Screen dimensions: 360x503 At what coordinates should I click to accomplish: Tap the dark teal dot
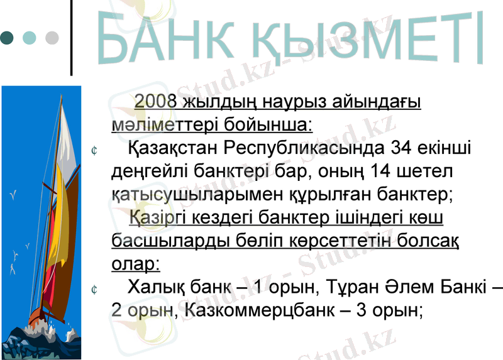[7, 38]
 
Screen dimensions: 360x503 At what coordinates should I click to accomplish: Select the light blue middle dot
[30, 38]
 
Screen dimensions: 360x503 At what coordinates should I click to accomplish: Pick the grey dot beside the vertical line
[52, 38]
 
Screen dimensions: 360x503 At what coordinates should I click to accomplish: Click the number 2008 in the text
[155, 102]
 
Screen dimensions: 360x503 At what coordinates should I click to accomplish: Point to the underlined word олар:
[135, 264]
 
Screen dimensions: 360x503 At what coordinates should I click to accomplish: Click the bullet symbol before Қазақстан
[93, 151]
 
